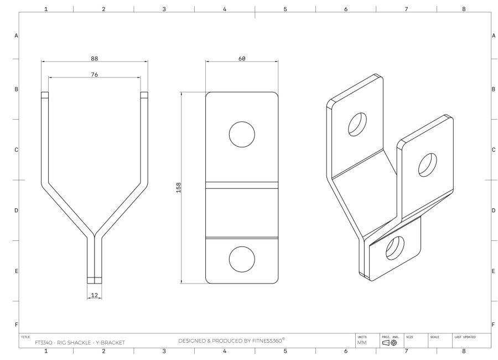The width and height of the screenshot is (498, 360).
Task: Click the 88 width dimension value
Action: coord(95,58)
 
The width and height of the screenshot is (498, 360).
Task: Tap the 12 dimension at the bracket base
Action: coord(95,295)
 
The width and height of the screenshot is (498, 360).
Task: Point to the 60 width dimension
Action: coord(242,58)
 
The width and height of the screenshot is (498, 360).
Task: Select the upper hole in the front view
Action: coord(242,133)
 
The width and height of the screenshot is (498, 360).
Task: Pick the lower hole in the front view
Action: coord(242,260)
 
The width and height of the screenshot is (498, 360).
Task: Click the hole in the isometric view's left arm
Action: coord(357,124)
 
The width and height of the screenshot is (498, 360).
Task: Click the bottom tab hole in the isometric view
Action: coord(395,248)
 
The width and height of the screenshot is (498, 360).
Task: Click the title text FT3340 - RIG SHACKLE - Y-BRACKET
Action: coord(80,343)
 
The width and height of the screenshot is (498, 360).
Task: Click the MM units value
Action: coord(362,343)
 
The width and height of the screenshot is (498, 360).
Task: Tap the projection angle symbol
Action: coord(389,343)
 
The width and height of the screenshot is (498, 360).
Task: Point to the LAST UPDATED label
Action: coord(465,336)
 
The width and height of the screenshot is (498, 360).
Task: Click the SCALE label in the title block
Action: coord(434,336)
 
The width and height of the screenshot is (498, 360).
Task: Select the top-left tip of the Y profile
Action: coord(44,95)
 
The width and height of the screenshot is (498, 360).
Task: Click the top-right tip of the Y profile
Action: coord(144,95)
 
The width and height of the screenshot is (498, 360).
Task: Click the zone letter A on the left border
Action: coord(15,35)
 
